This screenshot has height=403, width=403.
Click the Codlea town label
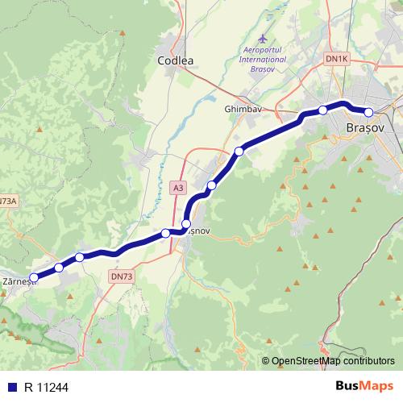(x=177, y=60)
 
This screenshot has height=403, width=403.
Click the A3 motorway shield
(x=178, y=188)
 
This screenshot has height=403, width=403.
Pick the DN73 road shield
(x=120, y=276)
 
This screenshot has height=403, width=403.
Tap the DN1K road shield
(x=335, y=59)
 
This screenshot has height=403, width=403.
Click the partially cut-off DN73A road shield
(x=7, y=201)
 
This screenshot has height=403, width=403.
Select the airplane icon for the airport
(x=264, y=38)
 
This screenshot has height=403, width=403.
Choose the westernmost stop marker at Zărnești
(x=33, y=276)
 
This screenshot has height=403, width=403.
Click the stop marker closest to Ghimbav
(x=239, y=151)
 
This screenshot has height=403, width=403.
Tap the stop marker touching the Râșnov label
(x=186, y=224)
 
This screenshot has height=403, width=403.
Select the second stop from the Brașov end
(x=322, y=110)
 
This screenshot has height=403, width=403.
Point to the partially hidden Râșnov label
(x=199, y=231)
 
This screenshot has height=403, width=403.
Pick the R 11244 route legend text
(x=47, y=386)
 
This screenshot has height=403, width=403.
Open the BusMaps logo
(x=364, y=386)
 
